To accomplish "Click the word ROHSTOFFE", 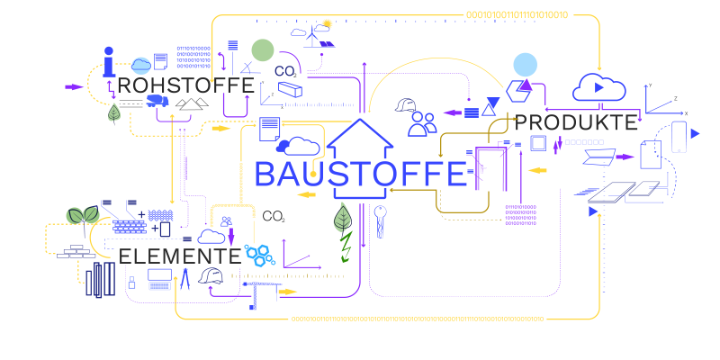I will click(x=185, y=85).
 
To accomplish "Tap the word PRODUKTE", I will click(x=575, y=123).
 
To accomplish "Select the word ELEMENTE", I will click(x=180, y=256).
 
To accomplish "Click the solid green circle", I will click(x=262, y=49).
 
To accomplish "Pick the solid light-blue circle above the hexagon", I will click(x=525, y=64).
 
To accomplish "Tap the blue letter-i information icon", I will click(x=108, y=61).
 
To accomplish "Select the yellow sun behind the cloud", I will click(x=327, y=23).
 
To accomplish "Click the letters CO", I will click(x=284, y=71).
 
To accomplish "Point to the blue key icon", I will click(x=381, y=221).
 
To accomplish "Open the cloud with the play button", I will click(x=598, y=87).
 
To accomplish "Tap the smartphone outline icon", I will click(x=679, y=136).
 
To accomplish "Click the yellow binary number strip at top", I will click(x=517, y=14).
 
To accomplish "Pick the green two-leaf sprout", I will click(x=83, y=215).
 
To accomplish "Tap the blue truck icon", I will click(x=157, y=101).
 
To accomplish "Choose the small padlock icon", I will click(x=131, y=283).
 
